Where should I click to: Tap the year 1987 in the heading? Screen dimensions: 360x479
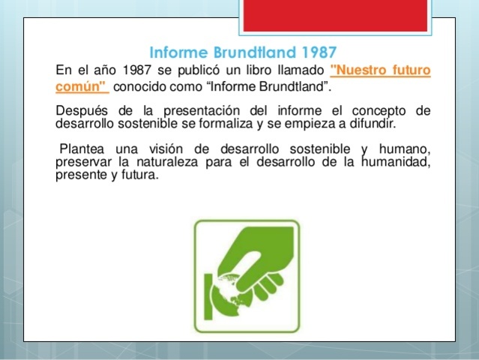click(x=316, y=53)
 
